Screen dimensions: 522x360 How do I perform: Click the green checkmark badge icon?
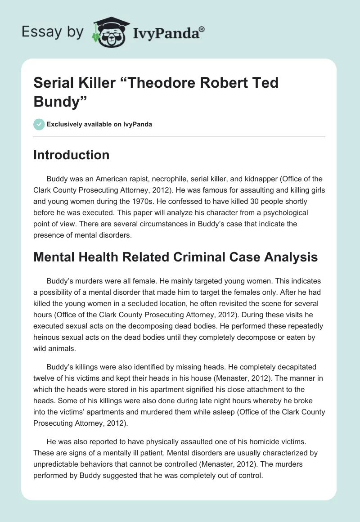click(39, 124)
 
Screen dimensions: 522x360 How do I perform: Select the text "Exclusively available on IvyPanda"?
click(99, 124)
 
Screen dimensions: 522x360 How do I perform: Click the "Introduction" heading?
click(72, 155)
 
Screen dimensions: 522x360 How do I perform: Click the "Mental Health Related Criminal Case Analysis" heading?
click(175, 257)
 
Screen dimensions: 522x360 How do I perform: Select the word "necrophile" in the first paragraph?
click(171, 179)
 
